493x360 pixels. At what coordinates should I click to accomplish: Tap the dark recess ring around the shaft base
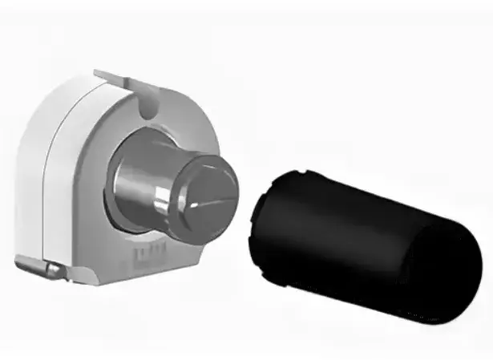(120, 216)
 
